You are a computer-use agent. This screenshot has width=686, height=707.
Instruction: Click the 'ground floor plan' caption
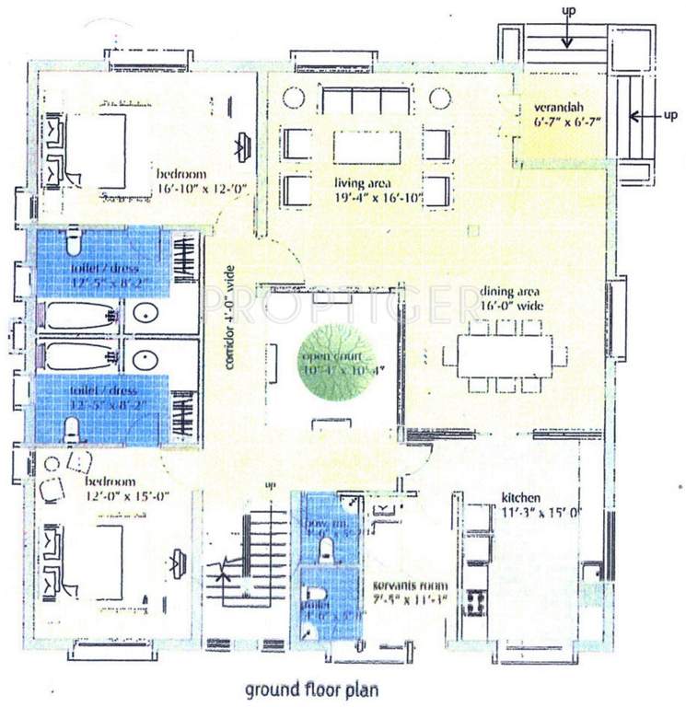tap(310, 688)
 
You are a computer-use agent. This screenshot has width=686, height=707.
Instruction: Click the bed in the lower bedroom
tap(97, 562)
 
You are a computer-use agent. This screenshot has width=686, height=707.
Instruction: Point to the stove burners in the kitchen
tap(478, 603)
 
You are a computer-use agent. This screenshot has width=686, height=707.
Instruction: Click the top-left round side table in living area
tap(293, 99)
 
